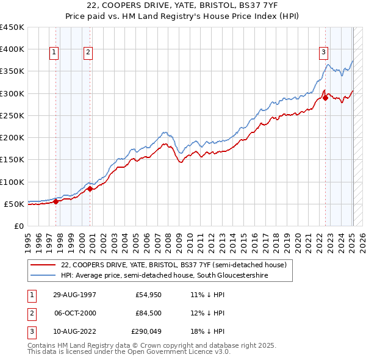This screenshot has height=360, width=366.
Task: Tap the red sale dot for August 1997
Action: [x=56, y=201]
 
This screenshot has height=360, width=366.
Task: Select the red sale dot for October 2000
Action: [x=90, y=189]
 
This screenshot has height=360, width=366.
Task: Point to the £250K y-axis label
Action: [x=12, y=115]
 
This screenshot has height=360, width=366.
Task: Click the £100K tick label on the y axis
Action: [x=12, y=182]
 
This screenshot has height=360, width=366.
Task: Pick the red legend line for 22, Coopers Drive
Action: [x=43, y=265]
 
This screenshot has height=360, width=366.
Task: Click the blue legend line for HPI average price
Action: [x=43, y=276]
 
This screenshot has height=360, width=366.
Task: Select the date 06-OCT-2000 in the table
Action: [x=75, y=313]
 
